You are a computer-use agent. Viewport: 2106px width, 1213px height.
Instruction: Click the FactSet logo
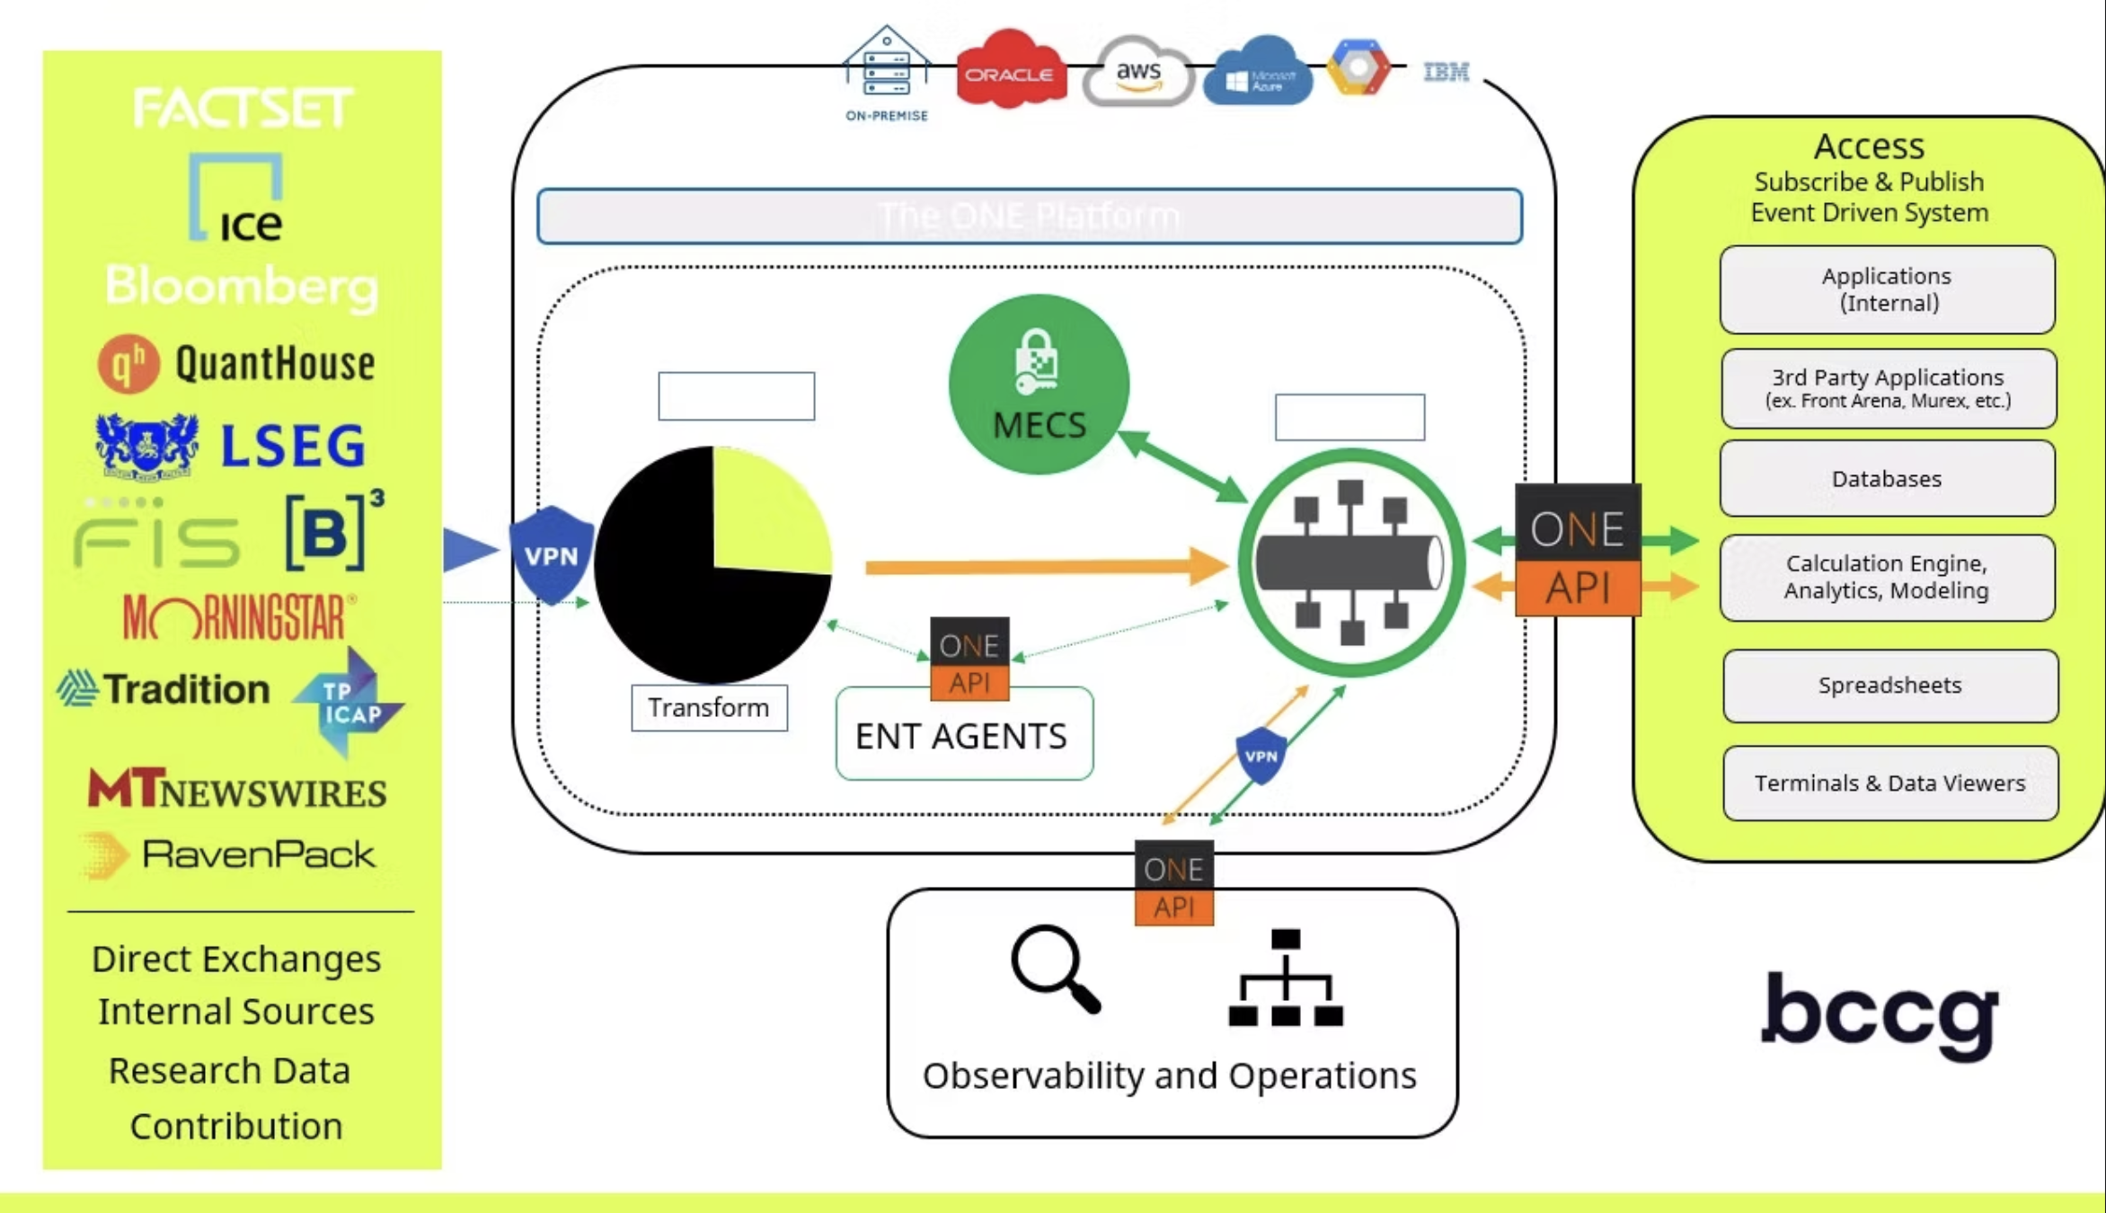click(x=243, y=109)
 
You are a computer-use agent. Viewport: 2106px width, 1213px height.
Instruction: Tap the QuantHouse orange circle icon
click(x=128, y=364)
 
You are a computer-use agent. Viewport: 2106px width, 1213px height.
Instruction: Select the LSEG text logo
click(x=293, y=447)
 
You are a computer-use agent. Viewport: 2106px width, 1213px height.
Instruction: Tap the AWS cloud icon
click(x=1137, y=72)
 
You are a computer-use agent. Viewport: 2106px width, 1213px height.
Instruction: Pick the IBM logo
click(x=1447, y=71)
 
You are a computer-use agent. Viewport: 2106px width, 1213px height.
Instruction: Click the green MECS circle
click(x=1039, y=385)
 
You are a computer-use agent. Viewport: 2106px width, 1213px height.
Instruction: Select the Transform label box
click(x=709, y=708)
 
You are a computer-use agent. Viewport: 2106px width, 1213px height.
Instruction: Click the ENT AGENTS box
click(x=963, y=737)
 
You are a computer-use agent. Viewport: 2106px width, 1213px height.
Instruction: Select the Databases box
click(x=1887, y=479)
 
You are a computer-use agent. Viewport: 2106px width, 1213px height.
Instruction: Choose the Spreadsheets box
click(x=1889, y=686)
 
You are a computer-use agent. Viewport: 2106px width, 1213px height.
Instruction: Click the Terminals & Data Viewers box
click(x=1889, y=784)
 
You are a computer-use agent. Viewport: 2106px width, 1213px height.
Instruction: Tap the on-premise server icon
click(x=887, y=65)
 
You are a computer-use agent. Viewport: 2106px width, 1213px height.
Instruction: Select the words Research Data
click(x=229, y=1070)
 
